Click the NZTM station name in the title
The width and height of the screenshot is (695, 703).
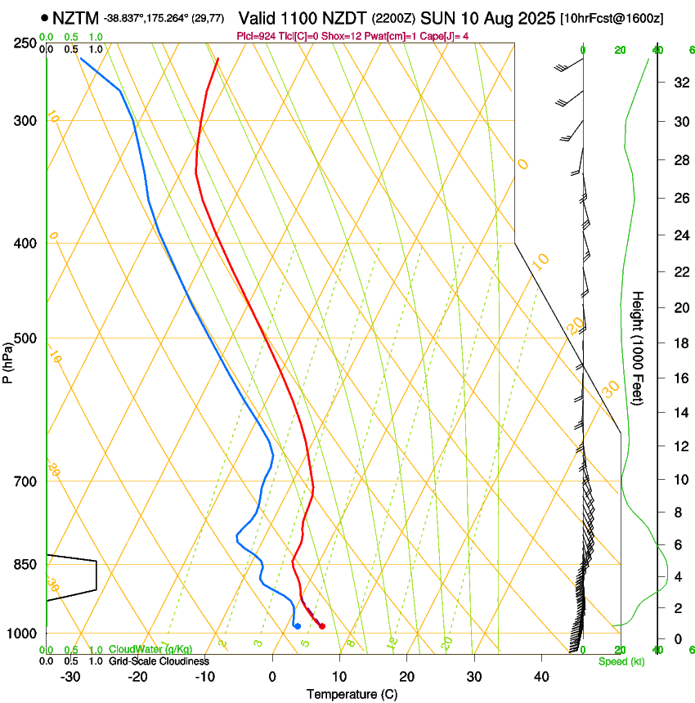[x=75, y=18]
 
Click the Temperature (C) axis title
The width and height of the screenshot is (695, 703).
[x=353, y=694]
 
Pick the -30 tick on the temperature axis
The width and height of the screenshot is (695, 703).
[x=70, y=677]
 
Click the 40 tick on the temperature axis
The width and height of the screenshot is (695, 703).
[x=541, y=677]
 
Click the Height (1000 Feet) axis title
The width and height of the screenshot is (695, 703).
[x=639, y=348]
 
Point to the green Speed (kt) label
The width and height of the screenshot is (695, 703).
[x=621, y=661]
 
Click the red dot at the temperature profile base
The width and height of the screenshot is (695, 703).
[x=322, y=626]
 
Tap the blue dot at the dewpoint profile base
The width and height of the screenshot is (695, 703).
[x=297, y=626]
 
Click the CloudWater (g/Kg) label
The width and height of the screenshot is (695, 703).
[x=151, y=650]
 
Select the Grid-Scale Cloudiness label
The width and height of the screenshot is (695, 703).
[x=159, y=661]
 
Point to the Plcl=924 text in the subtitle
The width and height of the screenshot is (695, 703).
[x=253, y=36]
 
